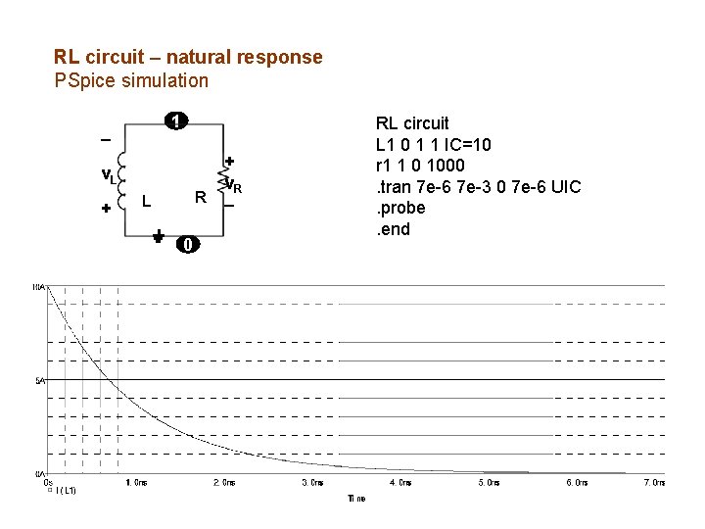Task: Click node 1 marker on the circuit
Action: [174, 121]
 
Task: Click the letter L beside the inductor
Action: [145, 201]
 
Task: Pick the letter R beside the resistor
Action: [200, 198]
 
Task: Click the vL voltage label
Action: [109, 176]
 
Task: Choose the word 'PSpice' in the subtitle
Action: [83, 79]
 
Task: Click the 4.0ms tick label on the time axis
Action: [400, 483]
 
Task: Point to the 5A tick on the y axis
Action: [39, 380]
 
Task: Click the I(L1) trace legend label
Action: [67, 490]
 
